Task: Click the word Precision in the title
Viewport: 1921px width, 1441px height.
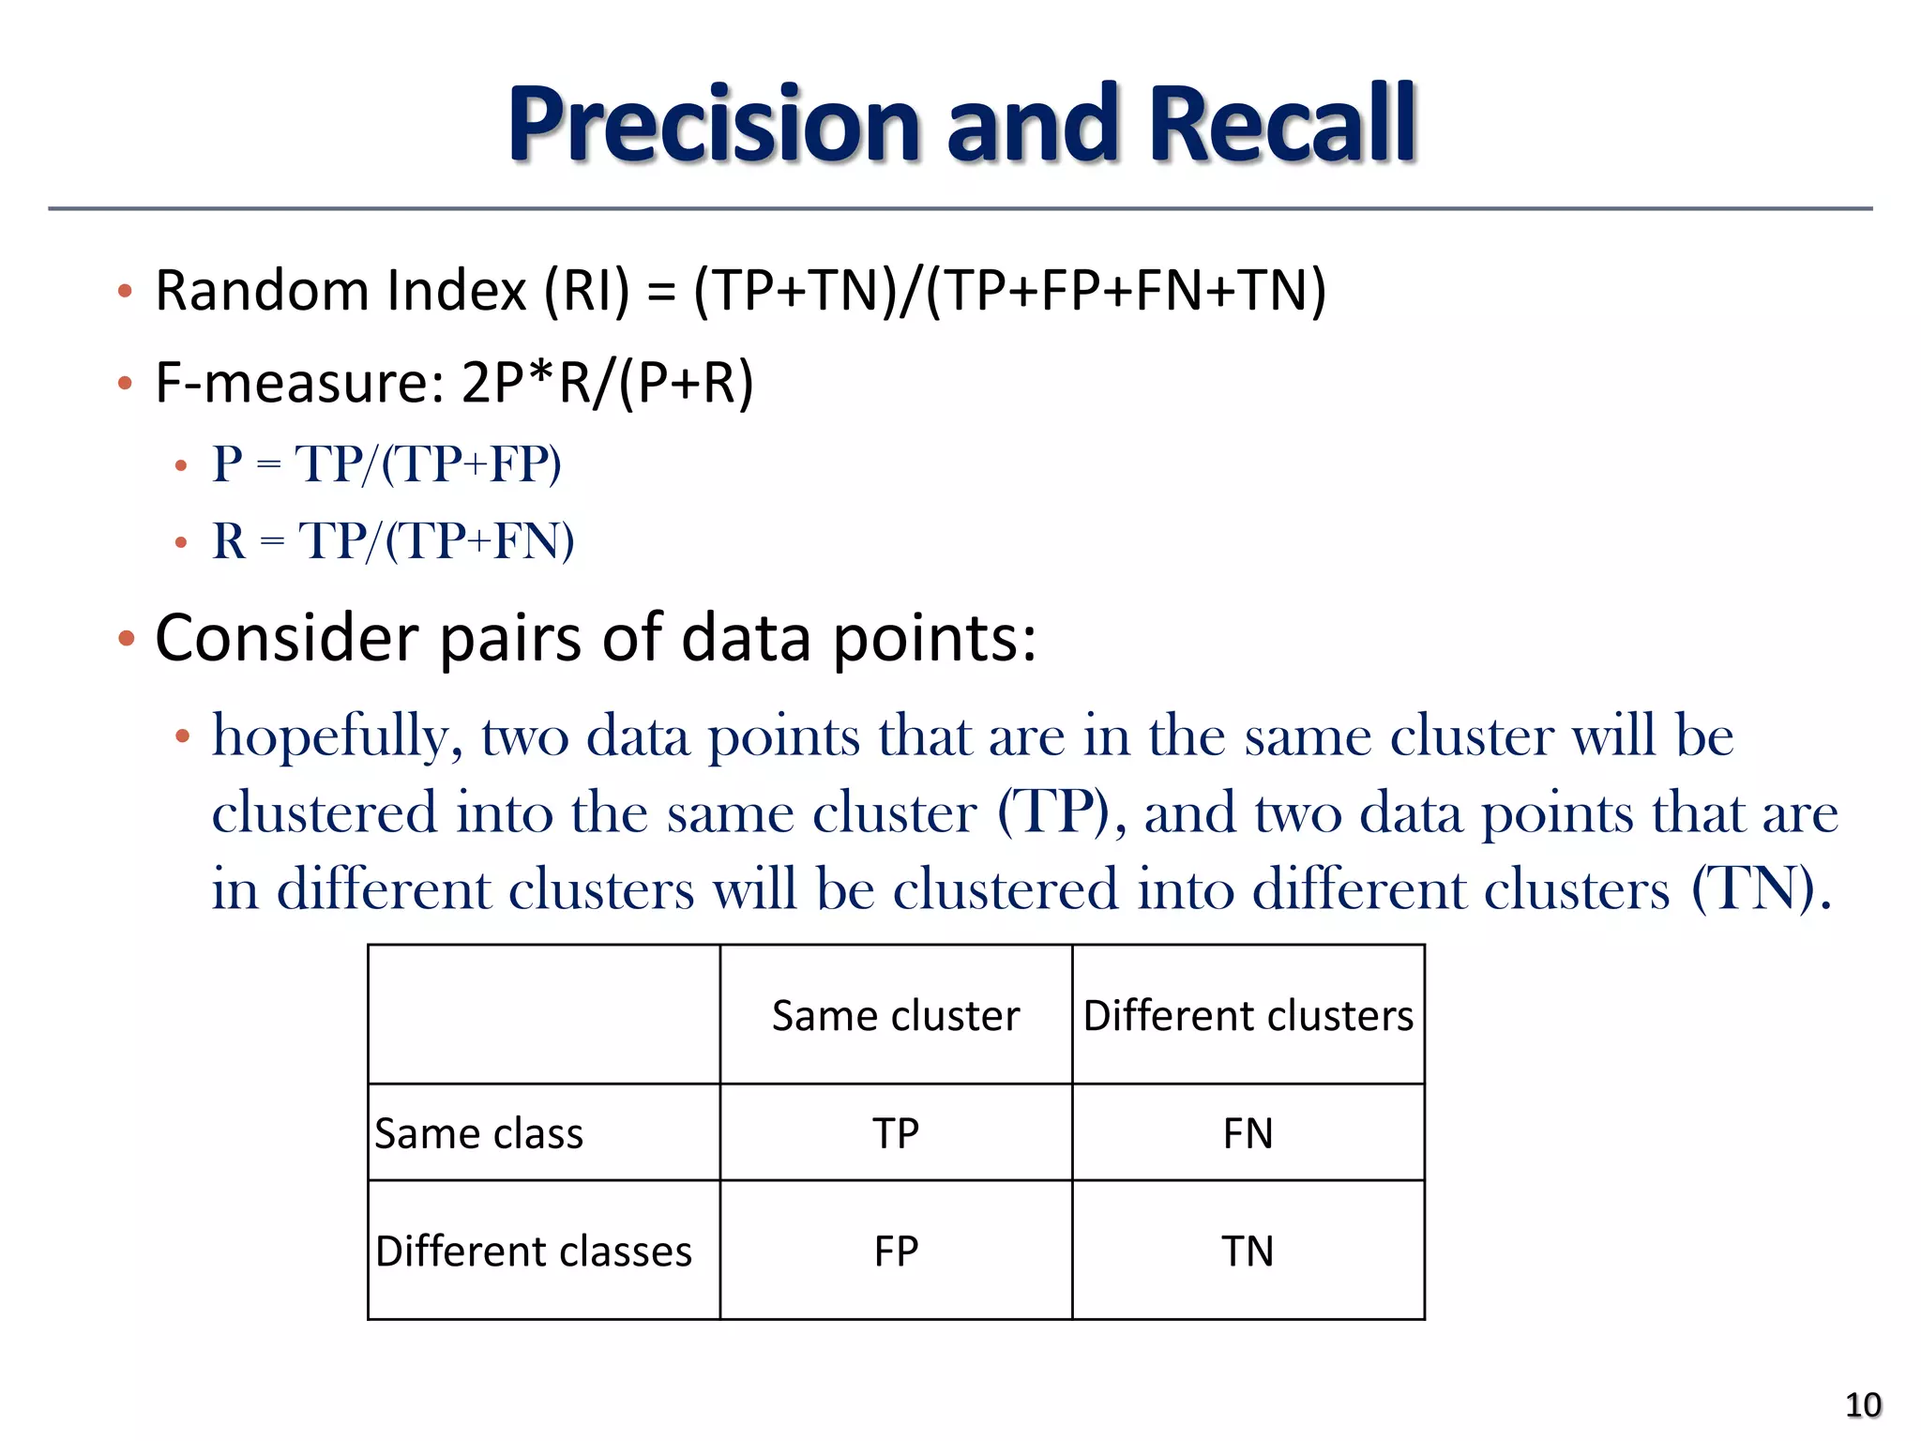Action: click(715, 125)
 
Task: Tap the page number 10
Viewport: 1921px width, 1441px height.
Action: click(1862, 1404)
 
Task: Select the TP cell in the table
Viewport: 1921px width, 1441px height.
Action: click(896, 1133)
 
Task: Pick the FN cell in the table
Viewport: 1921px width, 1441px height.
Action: click(1248, 1133)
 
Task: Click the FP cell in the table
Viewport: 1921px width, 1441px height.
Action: click(896, 1251)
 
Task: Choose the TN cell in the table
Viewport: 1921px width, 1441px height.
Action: click(1248, 1251)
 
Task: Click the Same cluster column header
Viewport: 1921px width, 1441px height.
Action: click(896, 1016)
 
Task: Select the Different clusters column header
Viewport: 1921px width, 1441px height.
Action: click(1248, 1016)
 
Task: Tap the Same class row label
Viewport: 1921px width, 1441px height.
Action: click(479, 1133)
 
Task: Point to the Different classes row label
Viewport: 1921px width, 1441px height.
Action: click(534, 1251)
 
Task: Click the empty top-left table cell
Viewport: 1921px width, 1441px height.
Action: click(544, 1014)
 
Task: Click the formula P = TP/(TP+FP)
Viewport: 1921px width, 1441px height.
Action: click(386, 463)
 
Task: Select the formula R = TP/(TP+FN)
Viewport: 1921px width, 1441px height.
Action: click(393, 540)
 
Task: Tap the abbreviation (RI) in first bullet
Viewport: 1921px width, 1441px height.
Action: click(587, 290)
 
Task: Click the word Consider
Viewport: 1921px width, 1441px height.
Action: click(287, 638)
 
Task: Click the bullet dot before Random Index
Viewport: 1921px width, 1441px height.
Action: click(125, 291)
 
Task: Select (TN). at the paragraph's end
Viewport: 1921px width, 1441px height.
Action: click(1761, 888)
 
